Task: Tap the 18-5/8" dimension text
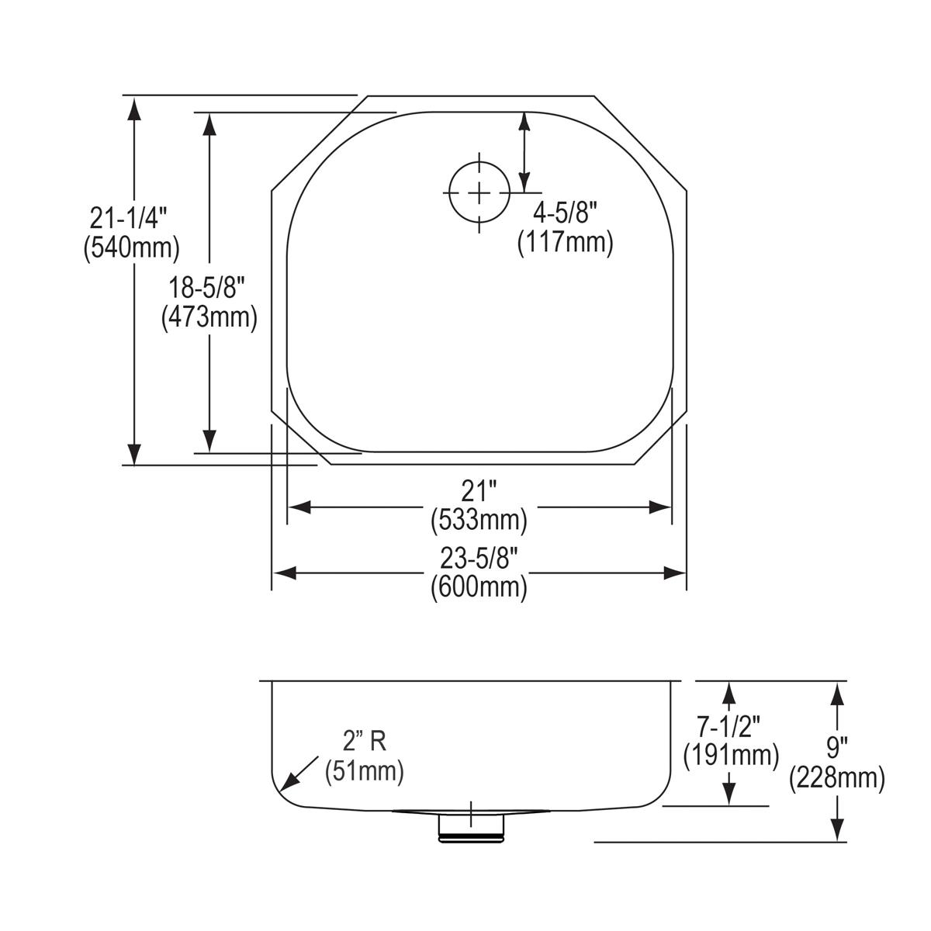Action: [x=208, y=289]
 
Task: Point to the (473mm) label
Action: [x=209, y=317]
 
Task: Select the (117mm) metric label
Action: [x=565, y=243]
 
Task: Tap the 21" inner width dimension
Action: [x=479, y=491]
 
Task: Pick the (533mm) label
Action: [x=479, y=519]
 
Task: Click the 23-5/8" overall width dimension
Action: [x=479, y=558]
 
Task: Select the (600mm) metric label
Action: [x=479, y=587]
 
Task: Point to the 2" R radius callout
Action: [x=364, y=742]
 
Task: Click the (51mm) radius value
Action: [x=364, y=770]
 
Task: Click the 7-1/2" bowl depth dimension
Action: [x=729, y=726]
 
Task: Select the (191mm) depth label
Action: [x=730, y=754]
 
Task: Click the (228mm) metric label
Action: [x=836, y=777]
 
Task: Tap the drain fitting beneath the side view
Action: [x=471, y=827]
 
